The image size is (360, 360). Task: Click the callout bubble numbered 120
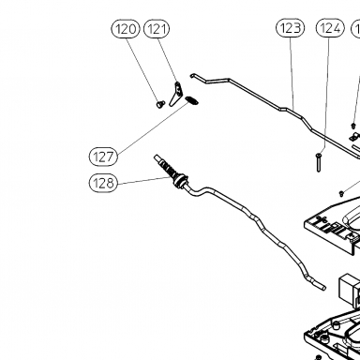coord(126,29)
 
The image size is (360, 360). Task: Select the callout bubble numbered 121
coord(157,29)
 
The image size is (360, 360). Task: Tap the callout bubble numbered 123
coord(290,28)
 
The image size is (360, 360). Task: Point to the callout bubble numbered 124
coord(330,28)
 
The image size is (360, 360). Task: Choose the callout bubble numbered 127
coord(103,157)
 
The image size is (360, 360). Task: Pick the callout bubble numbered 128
coord(103,183)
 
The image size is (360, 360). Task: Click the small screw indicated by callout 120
coord(160,104)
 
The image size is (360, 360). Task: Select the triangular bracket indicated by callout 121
coord(176,94)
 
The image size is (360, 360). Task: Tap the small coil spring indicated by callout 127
coord(191,100)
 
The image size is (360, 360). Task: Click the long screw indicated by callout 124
coord(319,162)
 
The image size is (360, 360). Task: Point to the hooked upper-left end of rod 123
coord(192,75)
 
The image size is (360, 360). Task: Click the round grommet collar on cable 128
coord(181,182)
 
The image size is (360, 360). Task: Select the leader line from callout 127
coord(153,127)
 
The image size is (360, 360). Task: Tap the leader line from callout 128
coord(144,180)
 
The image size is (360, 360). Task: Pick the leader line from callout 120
coord(143,69)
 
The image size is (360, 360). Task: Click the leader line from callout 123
coord(292,73)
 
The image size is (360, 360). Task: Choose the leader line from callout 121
coord(167,60)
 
